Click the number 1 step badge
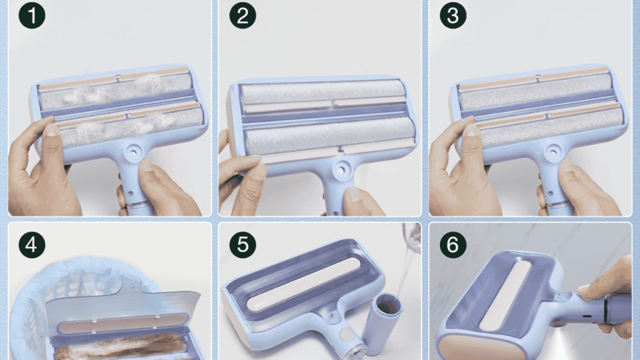32,16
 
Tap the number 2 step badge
242,16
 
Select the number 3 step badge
453,16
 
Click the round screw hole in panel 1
132,152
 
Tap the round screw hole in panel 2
341,169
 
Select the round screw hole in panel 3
552,152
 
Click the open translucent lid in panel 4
125,306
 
